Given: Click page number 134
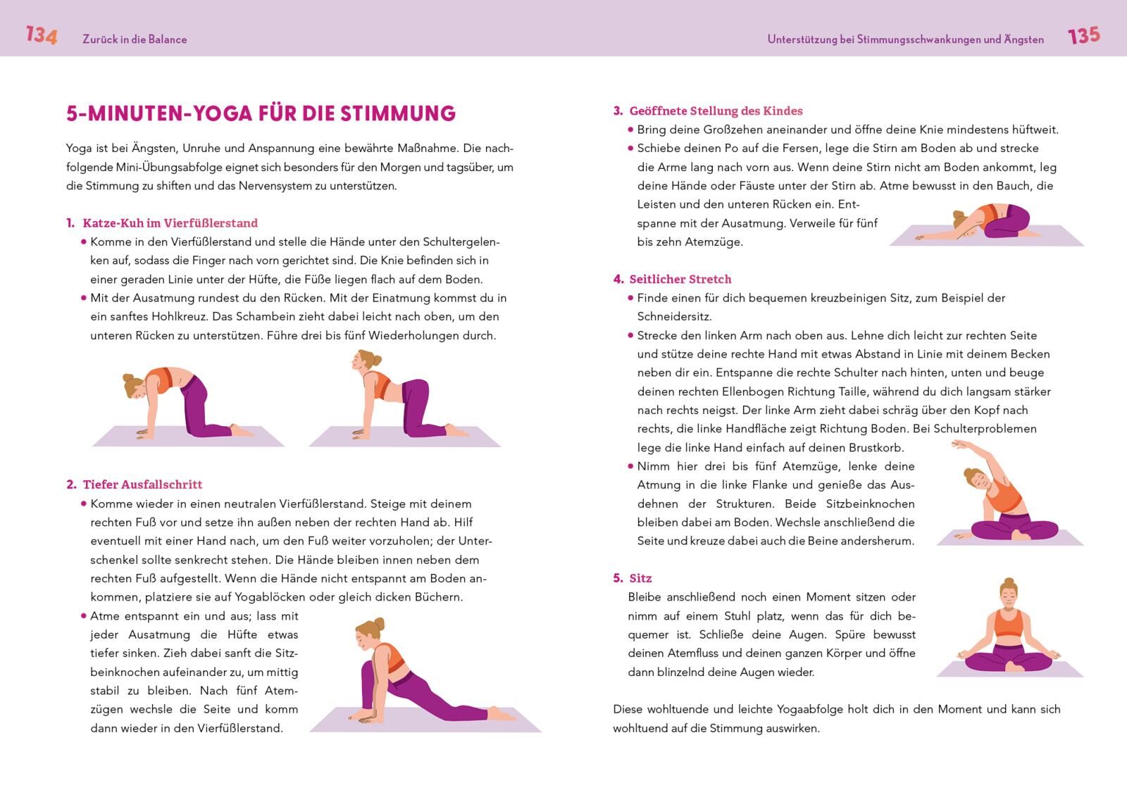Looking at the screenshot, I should (41, 35).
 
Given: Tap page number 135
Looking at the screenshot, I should (1083, 35).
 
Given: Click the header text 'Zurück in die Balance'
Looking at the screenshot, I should (135, 39).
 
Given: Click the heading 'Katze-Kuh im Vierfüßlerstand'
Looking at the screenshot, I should (170, 223).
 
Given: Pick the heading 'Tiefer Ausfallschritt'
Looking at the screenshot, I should (142, 484).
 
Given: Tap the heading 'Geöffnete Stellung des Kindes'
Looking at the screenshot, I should (716, 111).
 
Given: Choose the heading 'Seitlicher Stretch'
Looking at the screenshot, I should (680, 279).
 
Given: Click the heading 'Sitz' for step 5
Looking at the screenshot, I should (640, 578).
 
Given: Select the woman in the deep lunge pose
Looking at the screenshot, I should (416, 676).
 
